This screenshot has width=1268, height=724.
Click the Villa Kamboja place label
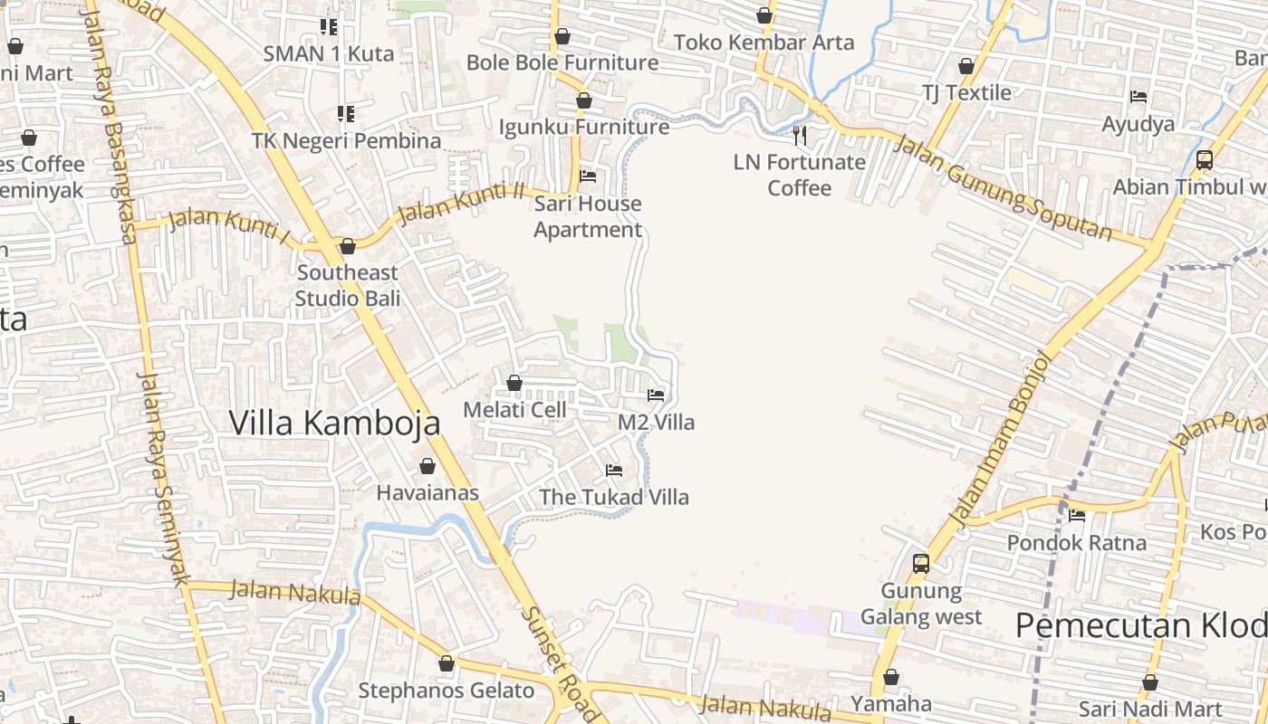pos(334,423)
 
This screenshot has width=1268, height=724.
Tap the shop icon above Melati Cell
pos(514,383)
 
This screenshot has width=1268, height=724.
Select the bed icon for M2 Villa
pos(656,395)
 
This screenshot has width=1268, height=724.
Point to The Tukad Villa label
pos(614,497)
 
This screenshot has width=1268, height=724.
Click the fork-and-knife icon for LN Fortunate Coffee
pos(800,136)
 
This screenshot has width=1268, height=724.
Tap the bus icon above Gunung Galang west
pos(921,564)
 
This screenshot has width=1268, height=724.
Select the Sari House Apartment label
pos(587,217)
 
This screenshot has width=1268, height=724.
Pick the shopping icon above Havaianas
pos(427,466)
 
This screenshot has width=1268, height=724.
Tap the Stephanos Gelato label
pos(447,691)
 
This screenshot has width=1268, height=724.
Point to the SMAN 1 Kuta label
pos(329,53)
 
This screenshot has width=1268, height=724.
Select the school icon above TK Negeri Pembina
pos(345,113)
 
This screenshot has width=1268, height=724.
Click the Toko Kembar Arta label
pos(764,42)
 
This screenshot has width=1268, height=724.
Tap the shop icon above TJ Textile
pos(966,66)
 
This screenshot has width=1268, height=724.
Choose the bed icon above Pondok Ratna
pos(1077,516)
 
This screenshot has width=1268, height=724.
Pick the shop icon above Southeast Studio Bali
pos(348,246)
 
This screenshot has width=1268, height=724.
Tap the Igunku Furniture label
pos(584,127)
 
